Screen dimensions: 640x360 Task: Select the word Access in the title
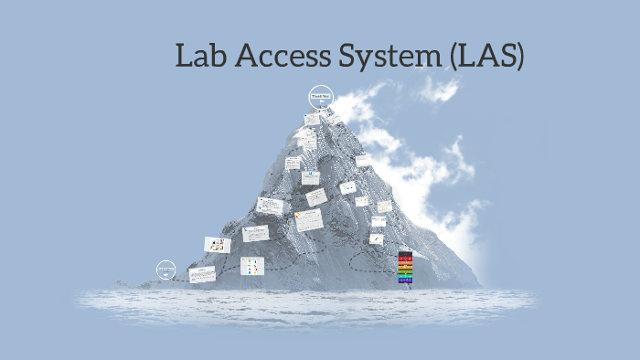click(x=280, y=57)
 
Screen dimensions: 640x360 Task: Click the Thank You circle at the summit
click(x=320, y=96)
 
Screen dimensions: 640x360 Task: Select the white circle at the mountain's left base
click(x=165, y=270)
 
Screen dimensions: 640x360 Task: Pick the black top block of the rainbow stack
click(x=405, y=253)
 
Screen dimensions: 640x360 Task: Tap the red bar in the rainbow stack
click(x=405, y=259)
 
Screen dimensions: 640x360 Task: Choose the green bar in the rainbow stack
click(x=405, y=271)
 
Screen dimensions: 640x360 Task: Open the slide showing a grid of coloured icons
click(x=252, y=266)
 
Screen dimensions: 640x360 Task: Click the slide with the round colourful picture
click(x=218, y=244)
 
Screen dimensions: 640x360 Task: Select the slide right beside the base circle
click(x=202, y=273)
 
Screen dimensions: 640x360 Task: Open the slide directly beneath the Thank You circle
click(x=313, y=119)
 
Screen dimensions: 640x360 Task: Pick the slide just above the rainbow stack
click(x=377, y=238)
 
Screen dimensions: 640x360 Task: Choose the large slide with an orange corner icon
click(x=308, y=220)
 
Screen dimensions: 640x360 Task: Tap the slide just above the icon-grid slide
click(x=255, y=233)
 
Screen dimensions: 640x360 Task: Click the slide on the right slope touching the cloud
click(x=364, y=160)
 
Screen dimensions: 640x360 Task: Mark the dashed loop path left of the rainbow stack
click(x=357, y=260)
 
